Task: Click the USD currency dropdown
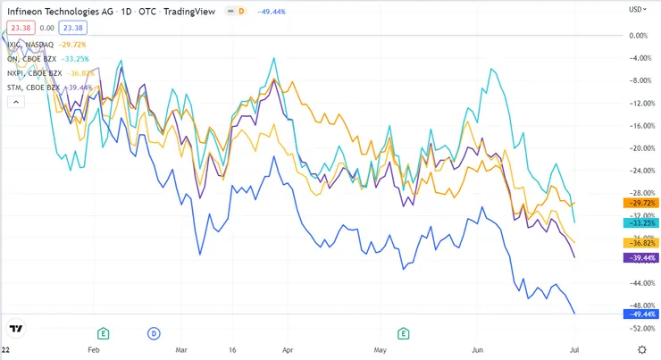tap(636, 9)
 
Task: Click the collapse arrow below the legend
tap(16, 102)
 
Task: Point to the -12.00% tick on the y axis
tap(637, 104)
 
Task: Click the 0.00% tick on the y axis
tap(639, 36)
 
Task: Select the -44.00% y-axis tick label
tap(637, 283)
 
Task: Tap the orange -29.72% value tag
tap(638, 204)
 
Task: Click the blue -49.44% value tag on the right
tap(638, 314)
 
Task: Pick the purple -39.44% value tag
tap(638, 257)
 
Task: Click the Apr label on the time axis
tap(288, 351)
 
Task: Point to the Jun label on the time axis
tap(479, 351)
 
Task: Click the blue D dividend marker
tap(153, 334)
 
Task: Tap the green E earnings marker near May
tap(404, 334)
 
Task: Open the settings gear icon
tap(641, 349)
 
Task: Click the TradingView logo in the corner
tap(16, 328)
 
